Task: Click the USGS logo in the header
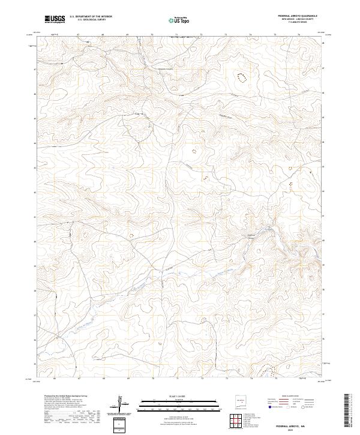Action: tap(55, 19)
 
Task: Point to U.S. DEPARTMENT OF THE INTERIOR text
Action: tap(91, 17)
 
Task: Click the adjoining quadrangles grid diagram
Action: tap(238, 422)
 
